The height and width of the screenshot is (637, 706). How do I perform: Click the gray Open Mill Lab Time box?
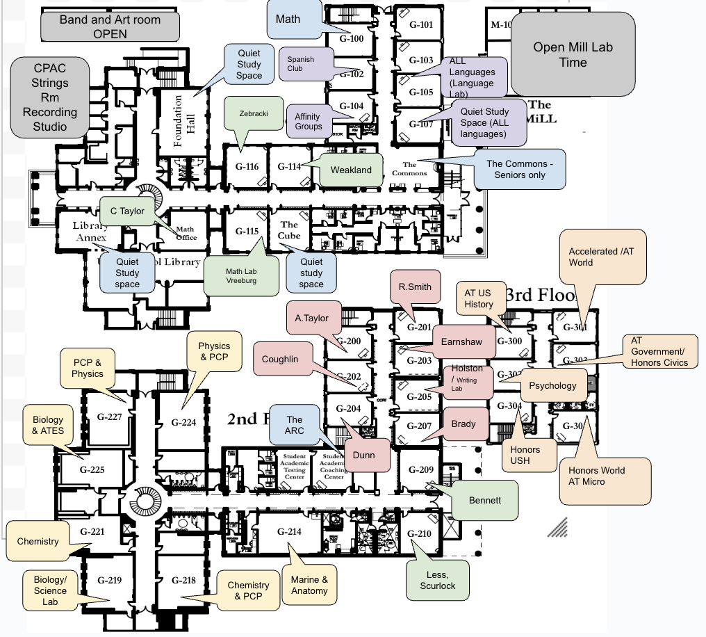point(573,54)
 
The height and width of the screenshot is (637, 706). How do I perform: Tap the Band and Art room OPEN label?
point(110,26)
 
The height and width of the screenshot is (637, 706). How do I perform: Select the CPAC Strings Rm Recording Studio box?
point(50,97)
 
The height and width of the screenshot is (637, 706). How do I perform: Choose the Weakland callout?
point(351,170)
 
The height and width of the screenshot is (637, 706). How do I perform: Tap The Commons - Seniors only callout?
point(520,170)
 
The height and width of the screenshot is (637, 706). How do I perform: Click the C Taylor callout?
point(131,211)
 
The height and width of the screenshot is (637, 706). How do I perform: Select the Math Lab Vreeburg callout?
point(240,276)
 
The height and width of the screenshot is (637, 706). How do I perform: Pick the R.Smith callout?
point(415,287)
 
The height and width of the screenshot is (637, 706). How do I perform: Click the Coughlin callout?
point(280,360)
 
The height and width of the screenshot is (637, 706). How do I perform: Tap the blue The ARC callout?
point(295,425)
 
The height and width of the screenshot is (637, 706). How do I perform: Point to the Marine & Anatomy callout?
point(309,586)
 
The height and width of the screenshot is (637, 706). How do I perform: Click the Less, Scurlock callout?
point(437,580)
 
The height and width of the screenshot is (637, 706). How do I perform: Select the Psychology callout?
point(552,386)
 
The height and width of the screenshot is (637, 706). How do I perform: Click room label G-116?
point(247,167)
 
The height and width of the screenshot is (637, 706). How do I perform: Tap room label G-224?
point(183,422)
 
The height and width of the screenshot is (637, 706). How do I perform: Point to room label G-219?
point(109,580)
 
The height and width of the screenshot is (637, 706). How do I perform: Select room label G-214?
point(289,531)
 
